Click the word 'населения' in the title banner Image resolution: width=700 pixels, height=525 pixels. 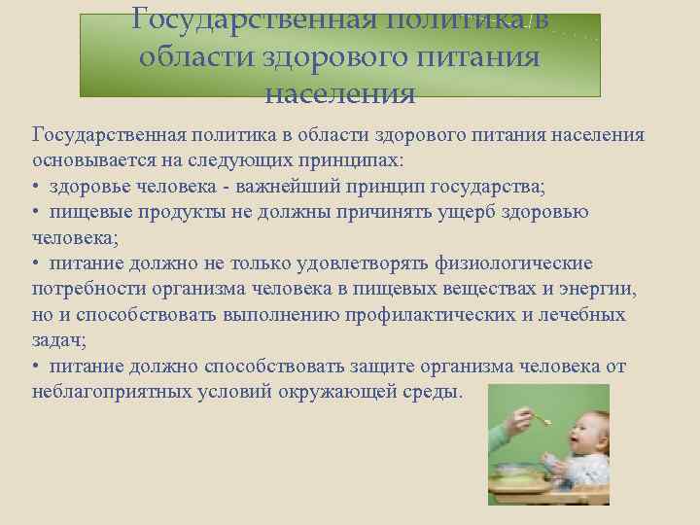pos(339,95)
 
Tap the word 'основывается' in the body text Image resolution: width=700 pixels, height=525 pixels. pos(89,158)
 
